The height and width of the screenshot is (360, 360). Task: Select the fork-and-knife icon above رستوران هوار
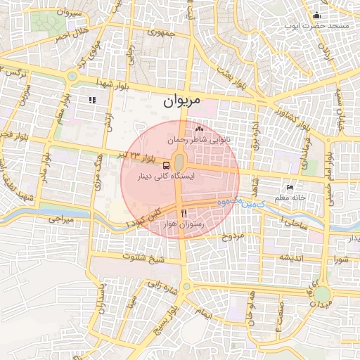(x=184, y=212)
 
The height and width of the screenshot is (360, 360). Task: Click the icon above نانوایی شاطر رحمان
(x=199, y=129)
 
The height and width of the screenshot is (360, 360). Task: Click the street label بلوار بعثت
(x=234, y=73)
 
